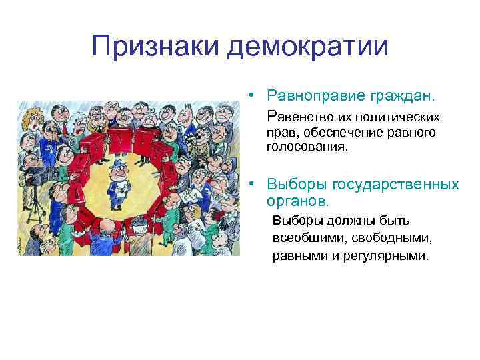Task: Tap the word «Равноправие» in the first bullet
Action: [x=315, y=97]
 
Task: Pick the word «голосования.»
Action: [x=307, y=145]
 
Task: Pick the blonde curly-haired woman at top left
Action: [x=29, y=121]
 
